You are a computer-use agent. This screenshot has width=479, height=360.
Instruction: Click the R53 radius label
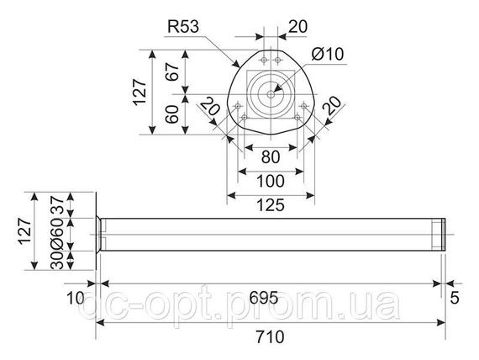click(x=183, y=27)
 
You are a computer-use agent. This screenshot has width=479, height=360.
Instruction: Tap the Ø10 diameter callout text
click(x=328, y=54)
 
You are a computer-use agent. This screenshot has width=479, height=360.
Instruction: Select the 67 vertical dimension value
click(x=172, y=71)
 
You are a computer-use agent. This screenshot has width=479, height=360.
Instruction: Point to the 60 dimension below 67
click(x=172, y=114)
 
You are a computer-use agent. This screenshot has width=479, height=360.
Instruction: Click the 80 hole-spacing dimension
click(x=271, y=157)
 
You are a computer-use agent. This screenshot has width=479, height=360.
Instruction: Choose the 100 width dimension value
click(x=271, y=181)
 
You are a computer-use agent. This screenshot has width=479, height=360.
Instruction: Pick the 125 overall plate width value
click(x=271, y=205)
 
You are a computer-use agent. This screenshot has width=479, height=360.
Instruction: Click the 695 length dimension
click(x=264, y=297)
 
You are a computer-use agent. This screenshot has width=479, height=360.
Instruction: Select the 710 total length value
click(x=270, y=336)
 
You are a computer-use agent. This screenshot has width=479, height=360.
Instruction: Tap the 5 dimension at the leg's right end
click(x=455, y=298)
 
